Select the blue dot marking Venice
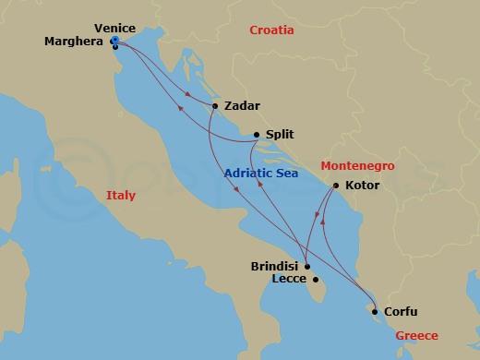click(114, 41)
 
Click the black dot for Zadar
click(214, 105)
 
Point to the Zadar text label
click(243, 105)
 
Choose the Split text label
click(280, 134)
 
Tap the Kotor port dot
click(335, 186)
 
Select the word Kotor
click(363, 186)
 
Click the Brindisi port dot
click(307, 266)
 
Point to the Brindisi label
click(274, 266)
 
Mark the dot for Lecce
click(316, 280)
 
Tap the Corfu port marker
click(375, 311)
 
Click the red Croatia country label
click(271, 30)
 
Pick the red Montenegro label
click(357, 165)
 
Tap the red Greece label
click(417, 336)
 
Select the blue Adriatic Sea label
click(263, 172)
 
